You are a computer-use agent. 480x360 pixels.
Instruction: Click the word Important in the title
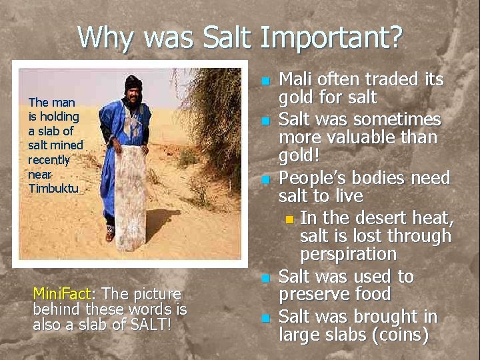(331, 37)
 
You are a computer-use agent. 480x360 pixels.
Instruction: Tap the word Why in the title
(105, 37)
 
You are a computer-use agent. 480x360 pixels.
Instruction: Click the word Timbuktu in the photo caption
(53, 188)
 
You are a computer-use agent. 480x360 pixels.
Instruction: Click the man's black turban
(133, 83)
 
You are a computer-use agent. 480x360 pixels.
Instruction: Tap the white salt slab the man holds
(133, 197)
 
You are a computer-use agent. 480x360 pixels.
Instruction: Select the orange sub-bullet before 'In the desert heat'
(289, 219)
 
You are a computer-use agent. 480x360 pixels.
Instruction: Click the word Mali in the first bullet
(295, 79)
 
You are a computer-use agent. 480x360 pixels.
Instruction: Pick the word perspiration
(348, 255)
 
